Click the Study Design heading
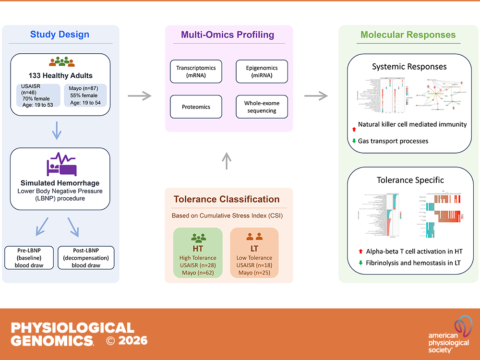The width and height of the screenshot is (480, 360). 60,35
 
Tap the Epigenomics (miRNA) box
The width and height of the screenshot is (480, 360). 262,72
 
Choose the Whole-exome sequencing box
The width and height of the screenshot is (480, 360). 262,107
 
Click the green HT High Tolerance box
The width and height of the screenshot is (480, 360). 198,252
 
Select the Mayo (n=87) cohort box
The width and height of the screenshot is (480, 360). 85,96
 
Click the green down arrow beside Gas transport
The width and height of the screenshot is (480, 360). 354,141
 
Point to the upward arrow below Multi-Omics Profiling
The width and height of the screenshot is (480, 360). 228,161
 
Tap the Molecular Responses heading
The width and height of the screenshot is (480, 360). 408,35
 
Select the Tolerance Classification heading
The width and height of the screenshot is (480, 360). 227,199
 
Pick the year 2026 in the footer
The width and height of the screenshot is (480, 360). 133,341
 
